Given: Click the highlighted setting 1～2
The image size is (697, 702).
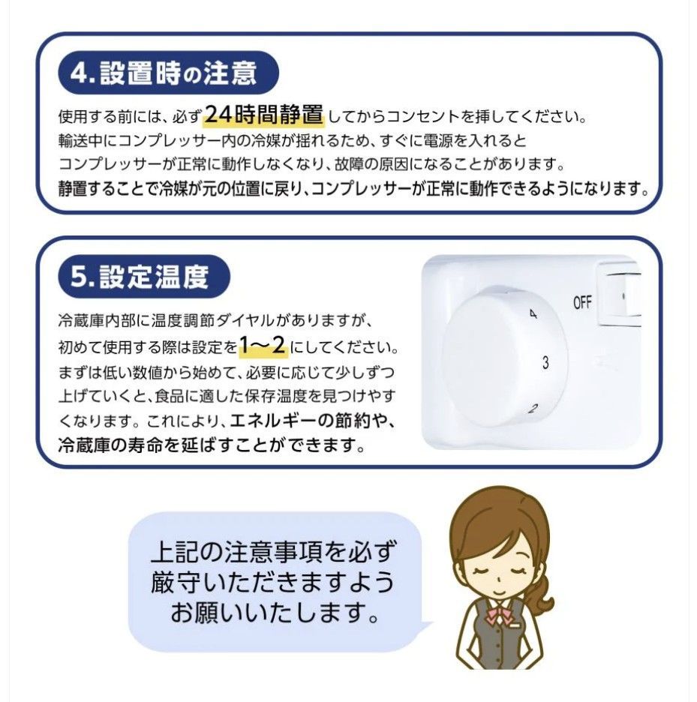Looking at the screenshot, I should [x=263, y=346].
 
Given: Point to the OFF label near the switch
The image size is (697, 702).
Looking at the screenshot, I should [x=582, y=303].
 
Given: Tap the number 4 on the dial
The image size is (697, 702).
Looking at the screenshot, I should [x=533, y=315].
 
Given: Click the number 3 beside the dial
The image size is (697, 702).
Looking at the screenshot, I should [x=545, y=363].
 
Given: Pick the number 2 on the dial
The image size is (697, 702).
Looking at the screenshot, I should [x=533, y=409].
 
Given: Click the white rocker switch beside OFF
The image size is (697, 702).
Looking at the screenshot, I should [x=621, y=299].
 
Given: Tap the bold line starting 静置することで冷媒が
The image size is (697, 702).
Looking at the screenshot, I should [x=353, y=188].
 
